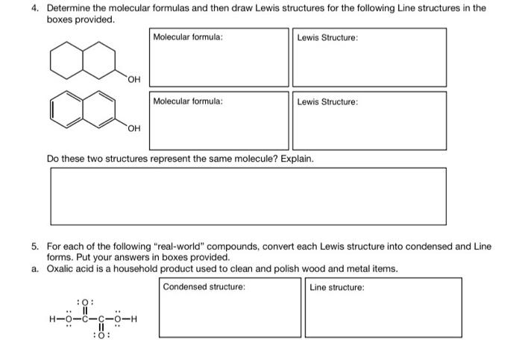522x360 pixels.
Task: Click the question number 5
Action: (x=35, y=245)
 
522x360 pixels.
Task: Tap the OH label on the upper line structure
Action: (x=133, y=80)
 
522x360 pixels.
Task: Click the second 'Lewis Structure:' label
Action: (x=327, y=101)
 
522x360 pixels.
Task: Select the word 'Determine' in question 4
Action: (x=69, y=8)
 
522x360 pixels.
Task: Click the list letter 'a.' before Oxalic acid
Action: (x=35, y=268)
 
